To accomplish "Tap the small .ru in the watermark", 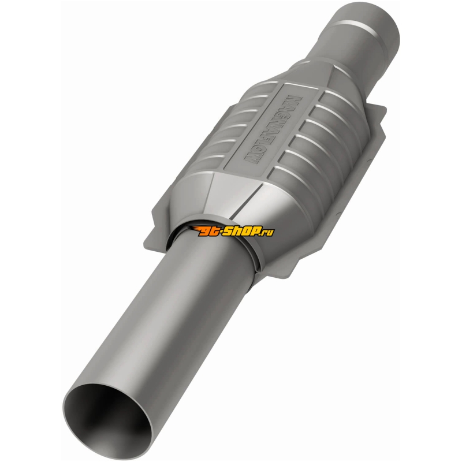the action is pyautogui.click(x=268, y=232).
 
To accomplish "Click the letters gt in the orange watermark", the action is pyautogui.click(x=215, y=232).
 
